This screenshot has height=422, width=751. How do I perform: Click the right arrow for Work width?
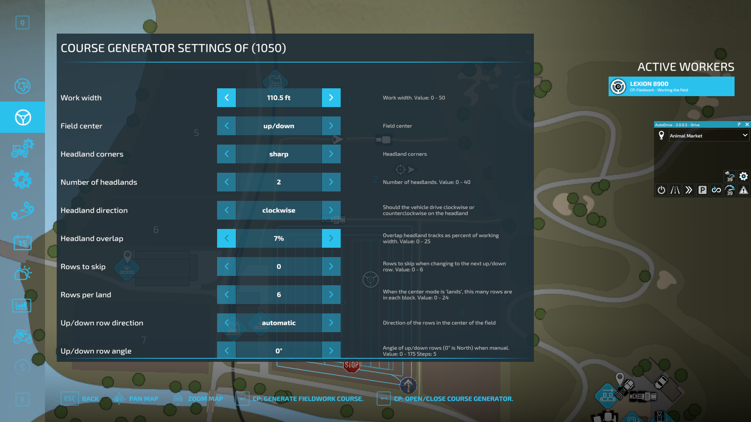(x=331, y=98)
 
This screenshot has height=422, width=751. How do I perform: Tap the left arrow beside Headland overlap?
(x=226, y=238)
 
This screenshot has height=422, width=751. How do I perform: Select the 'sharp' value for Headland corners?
(x=278, y=154)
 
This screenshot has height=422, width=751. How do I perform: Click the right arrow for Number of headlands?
(x=331, y=182)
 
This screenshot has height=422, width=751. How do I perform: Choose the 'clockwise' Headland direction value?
(x=278, y=210)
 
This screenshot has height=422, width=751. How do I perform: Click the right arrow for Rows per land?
(x=331, y=295)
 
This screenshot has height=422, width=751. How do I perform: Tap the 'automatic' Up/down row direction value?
(x=278, y=323)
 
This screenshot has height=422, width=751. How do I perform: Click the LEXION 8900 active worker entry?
(x=671, y=86)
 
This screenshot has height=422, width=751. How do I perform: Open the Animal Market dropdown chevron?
(x=745, y=135)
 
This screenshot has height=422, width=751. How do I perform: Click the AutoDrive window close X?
(x=747, y=125)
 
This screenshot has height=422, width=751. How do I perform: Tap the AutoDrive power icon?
(x=661, y=190)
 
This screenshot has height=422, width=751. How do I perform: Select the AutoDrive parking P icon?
(x=702, y=190)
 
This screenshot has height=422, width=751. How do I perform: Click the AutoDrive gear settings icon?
(x=743, y=176)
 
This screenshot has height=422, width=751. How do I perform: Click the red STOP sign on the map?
(x=351, y=365)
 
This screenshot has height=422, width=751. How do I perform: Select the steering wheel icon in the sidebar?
(x=23, y=117)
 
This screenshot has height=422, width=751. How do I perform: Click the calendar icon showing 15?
(x=22, y=243)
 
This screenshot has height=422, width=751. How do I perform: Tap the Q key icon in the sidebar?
(x=22, y=23)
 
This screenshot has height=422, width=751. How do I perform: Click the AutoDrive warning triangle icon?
(x=743, y=190)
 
